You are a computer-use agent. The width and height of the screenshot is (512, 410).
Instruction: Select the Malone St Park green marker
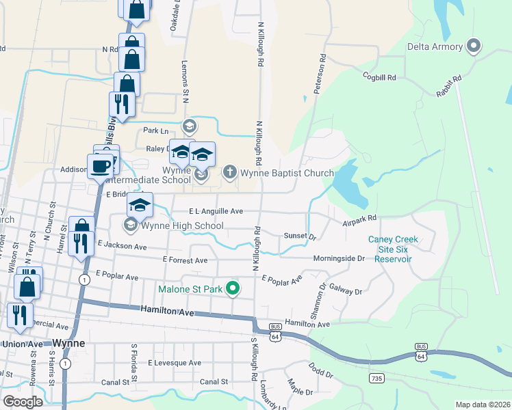(233, 289)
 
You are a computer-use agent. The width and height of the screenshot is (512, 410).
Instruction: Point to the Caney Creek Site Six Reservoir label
(392, 249)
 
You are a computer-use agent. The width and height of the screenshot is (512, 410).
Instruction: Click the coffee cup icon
(100, 165)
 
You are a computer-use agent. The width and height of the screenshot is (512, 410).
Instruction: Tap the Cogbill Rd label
(380, 77)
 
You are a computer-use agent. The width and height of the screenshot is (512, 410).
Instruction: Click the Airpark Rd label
(360, 219)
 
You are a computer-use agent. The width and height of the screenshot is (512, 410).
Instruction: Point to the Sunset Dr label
(300, 237)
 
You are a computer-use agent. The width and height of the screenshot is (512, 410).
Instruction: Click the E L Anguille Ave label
(216, 212)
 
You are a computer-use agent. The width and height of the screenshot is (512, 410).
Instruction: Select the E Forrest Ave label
(185, 260)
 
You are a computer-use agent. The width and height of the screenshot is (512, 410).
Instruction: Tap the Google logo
(23, 401)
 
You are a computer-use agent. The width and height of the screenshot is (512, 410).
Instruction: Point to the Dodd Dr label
(320, 374)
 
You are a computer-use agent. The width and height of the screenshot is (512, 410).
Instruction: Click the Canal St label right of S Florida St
(214, 381)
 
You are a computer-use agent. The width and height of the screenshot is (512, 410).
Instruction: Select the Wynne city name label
(69, 343)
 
